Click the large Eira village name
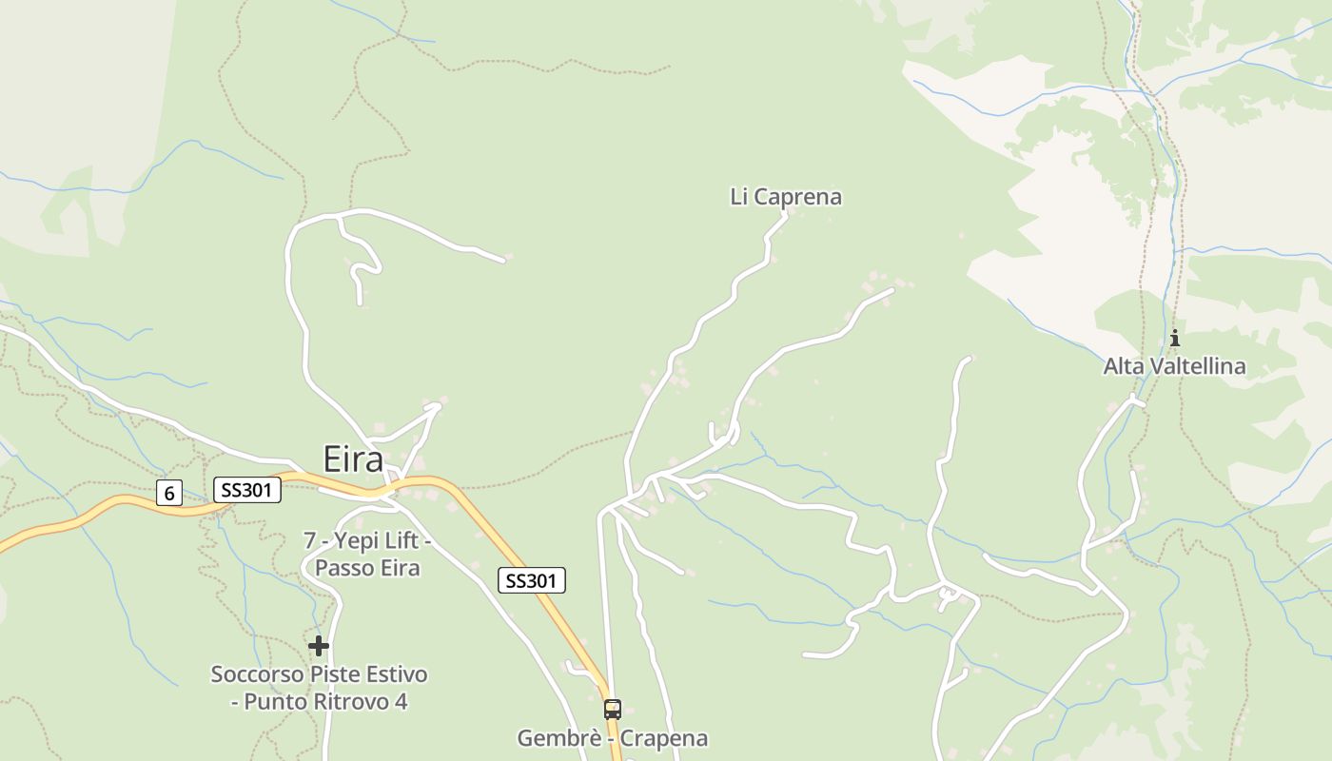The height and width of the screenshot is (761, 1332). point(353,459)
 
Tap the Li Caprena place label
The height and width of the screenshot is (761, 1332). point(786,197)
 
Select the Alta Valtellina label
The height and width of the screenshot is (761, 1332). point(1174,366)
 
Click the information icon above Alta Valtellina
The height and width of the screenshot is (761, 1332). point(1175,338)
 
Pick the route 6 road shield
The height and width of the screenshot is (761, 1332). point(169,493)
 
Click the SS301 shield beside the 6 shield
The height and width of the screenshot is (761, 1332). point(247,491)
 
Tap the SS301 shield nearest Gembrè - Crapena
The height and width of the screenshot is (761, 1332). point(532,580)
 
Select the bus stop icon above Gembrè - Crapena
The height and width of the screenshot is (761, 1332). point(613,710)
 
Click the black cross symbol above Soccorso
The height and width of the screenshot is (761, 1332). point(319,646)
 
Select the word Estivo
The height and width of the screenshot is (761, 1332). point(397,674)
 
